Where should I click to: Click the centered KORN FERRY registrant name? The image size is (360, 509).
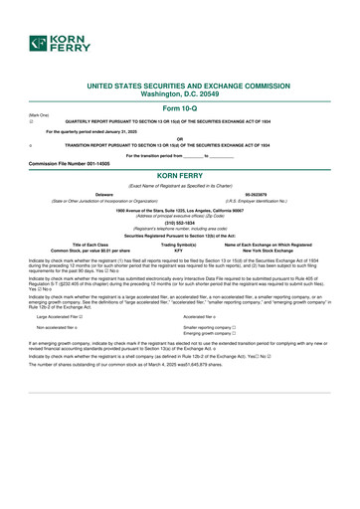point(180,173)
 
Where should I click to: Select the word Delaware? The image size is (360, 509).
point(104,195)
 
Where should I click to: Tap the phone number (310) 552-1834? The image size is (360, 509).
point(180,223)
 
